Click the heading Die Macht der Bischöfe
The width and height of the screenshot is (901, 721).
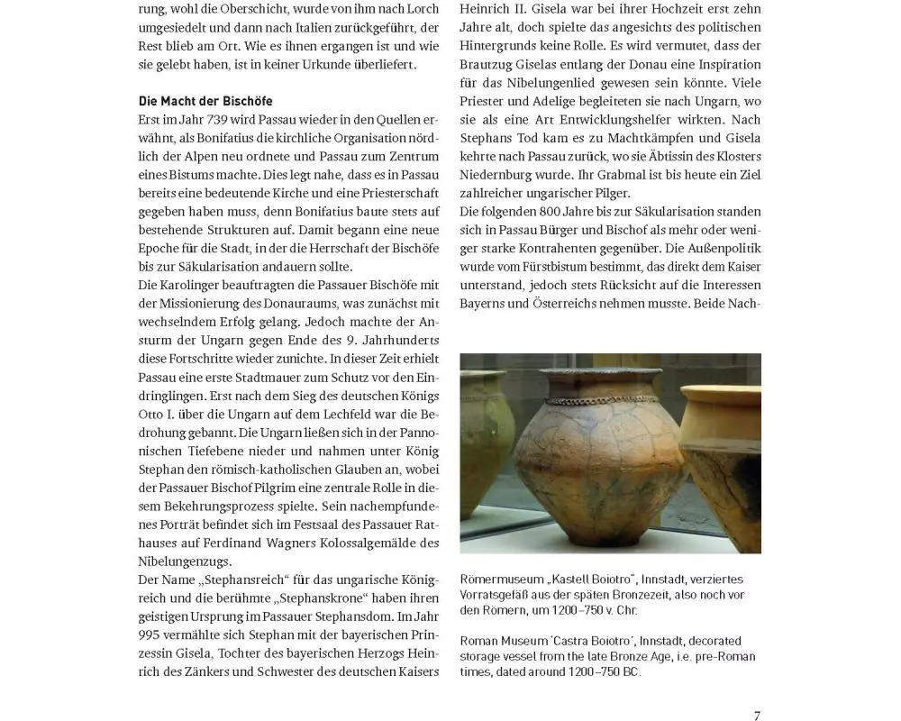click(x=205, y=101)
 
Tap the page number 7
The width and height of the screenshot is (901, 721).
click(x=757, y=716)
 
